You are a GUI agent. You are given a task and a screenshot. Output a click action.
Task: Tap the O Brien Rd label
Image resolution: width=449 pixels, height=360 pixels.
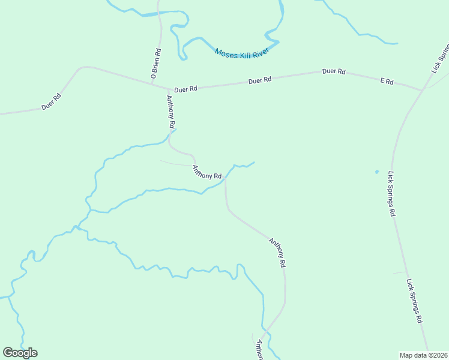156,64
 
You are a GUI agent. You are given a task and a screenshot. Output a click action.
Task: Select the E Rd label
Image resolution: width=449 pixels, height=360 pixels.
387,81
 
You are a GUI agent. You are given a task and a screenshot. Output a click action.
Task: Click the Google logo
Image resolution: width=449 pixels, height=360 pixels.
20,353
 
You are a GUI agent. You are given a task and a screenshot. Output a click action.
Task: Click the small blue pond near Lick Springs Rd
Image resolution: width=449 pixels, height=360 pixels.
376,172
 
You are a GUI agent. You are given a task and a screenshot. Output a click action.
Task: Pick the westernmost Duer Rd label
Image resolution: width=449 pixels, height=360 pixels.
52,101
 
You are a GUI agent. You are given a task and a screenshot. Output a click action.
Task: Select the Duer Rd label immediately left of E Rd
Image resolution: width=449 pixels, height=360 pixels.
334,71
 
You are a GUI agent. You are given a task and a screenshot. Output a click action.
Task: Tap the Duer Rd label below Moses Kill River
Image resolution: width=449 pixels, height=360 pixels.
260,79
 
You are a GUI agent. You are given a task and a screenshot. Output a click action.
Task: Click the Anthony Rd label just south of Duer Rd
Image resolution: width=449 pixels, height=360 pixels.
171,112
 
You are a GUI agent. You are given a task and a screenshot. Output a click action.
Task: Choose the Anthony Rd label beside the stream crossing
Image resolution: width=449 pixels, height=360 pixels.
207,172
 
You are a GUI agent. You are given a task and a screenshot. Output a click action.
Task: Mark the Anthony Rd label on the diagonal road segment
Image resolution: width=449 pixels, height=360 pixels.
277,252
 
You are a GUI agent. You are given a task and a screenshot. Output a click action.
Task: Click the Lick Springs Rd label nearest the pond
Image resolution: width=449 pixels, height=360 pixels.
392,194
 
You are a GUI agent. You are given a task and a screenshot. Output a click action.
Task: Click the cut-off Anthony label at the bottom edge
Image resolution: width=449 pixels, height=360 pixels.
260,350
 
